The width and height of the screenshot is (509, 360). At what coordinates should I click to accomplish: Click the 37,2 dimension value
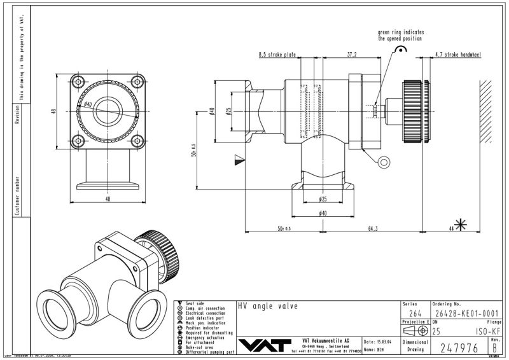(351, 55)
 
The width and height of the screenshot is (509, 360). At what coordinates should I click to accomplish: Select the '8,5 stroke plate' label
(278, 55)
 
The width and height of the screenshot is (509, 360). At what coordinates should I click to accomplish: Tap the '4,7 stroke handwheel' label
(458, 55)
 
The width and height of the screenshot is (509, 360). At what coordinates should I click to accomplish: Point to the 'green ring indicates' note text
(401, 32)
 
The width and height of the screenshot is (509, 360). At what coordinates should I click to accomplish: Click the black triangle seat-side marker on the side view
(239, 159)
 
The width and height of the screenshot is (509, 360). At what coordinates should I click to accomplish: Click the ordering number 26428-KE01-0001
(464, 313)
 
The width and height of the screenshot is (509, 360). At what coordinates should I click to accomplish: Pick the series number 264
(414, 313)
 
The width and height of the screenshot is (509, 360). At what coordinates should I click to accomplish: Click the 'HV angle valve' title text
(267, 306)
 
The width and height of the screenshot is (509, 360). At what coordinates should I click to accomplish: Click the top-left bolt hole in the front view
(78, 81)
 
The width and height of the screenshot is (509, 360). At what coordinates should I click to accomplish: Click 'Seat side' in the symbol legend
(195, 303)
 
